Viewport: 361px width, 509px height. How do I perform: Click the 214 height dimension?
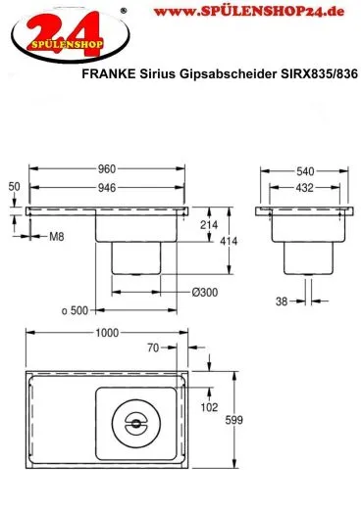click(x=208, y=225)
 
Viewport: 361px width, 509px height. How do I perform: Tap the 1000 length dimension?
click(x=107, y=332)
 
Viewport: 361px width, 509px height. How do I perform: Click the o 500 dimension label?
click(x=75, y=310)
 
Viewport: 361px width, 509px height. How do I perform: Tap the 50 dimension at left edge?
click(x=14, y=185)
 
